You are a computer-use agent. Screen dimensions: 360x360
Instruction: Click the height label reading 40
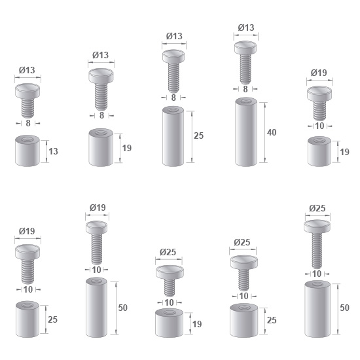[x=272, y=132]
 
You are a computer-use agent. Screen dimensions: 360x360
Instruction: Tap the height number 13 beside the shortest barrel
[x=53, y=152]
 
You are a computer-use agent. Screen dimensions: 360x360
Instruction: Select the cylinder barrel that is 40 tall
[x=246, y=132]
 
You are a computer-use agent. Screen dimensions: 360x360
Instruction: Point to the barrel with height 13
[x=27, y=151]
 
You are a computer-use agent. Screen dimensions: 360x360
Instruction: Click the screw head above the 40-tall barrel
[x=245, y=48]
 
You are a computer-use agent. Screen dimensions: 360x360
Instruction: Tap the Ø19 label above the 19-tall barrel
[x=319, y=73]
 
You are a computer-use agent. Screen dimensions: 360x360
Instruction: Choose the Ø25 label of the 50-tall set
[x=317, y=208]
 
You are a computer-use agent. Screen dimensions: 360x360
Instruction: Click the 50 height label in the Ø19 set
[x=123, y=308]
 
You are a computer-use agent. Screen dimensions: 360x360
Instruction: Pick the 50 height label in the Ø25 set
[x=344, y=308]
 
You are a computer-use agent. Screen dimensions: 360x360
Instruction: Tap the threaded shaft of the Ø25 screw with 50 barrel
[x=317, y=250]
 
